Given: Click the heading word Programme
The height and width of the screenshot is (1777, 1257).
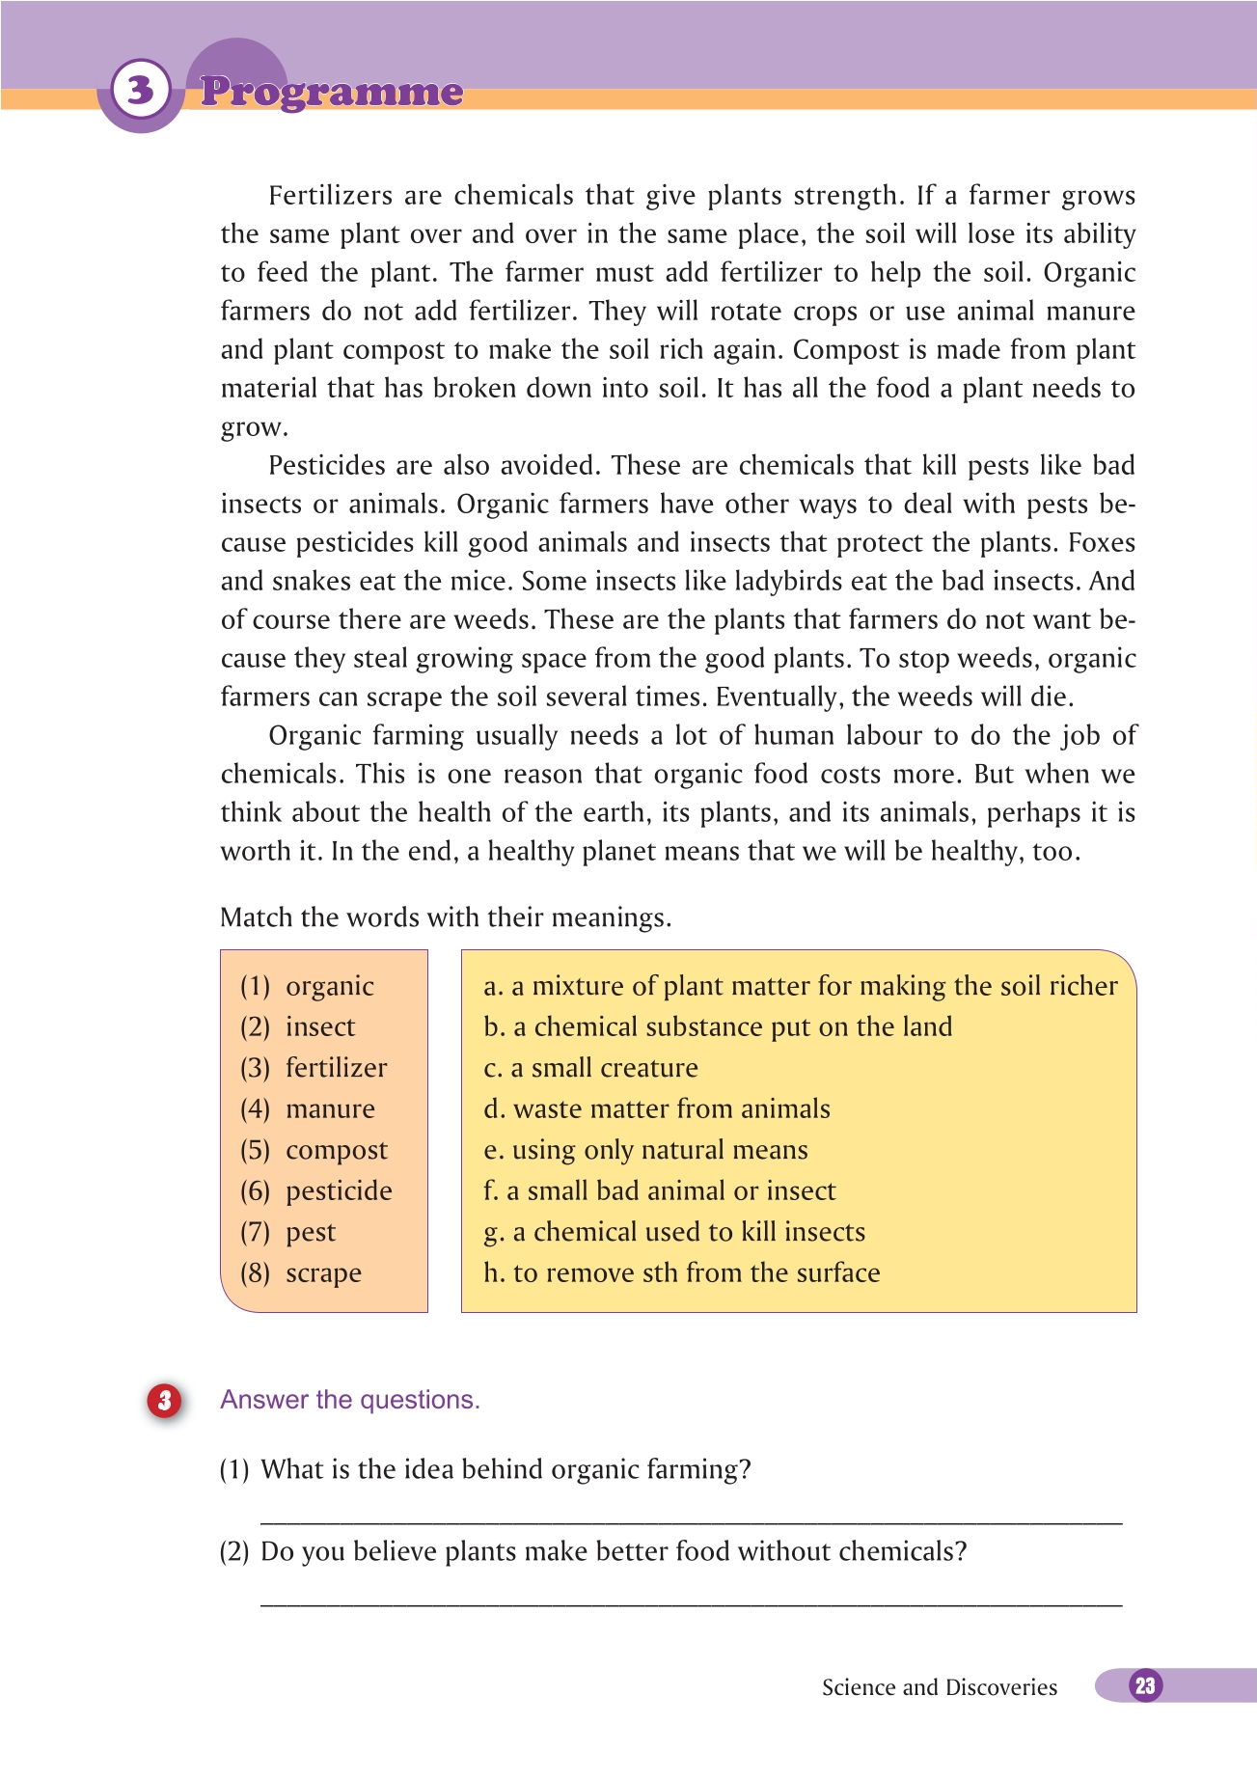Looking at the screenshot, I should (332, 93).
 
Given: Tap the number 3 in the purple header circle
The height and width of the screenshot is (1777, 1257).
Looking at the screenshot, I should (141, 90).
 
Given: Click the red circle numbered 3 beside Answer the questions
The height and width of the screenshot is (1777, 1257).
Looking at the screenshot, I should (164, 1400).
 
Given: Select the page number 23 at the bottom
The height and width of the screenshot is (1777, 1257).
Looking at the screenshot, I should (1145, 1685).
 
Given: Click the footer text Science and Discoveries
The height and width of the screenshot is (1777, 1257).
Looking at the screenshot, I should (939, 1687).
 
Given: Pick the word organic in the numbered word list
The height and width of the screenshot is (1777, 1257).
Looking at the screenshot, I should (329, 986).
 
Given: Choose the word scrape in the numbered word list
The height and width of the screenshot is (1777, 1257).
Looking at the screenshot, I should (323, 1273).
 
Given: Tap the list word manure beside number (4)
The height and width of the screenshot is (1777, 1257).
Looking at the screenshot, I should (330, 1109).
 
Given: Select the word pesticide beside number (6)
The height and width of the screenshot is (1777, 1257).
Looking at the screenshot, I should (339, 1191).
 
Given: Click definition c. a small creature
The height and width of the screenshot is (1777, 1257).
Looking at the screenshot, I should (590, 1068).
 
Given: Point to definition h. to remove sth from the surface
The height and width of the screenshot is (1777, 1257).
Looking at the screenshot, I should (681, 1273).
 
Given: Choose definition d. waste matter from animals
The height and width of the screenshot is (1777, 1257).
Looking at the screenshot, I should (656, 1109).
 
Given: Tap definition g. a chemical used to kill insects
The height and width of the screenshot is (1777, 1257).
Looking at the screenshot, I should (674, 1232).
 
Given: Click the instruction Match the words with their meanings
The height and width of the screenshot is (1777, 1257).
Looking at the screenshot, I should (446, 917).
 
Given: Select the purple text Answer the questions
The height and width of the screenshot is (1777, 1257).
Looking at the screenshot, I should (350, 1400).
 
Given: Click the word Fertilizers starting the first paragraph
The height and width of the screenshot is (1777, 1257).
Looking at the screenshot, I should (330, 196).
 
